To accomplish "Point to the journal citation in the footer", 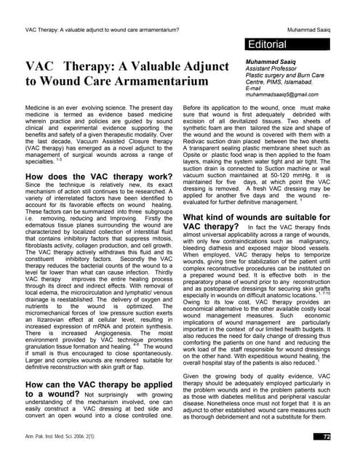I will [x=66, y=436].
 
